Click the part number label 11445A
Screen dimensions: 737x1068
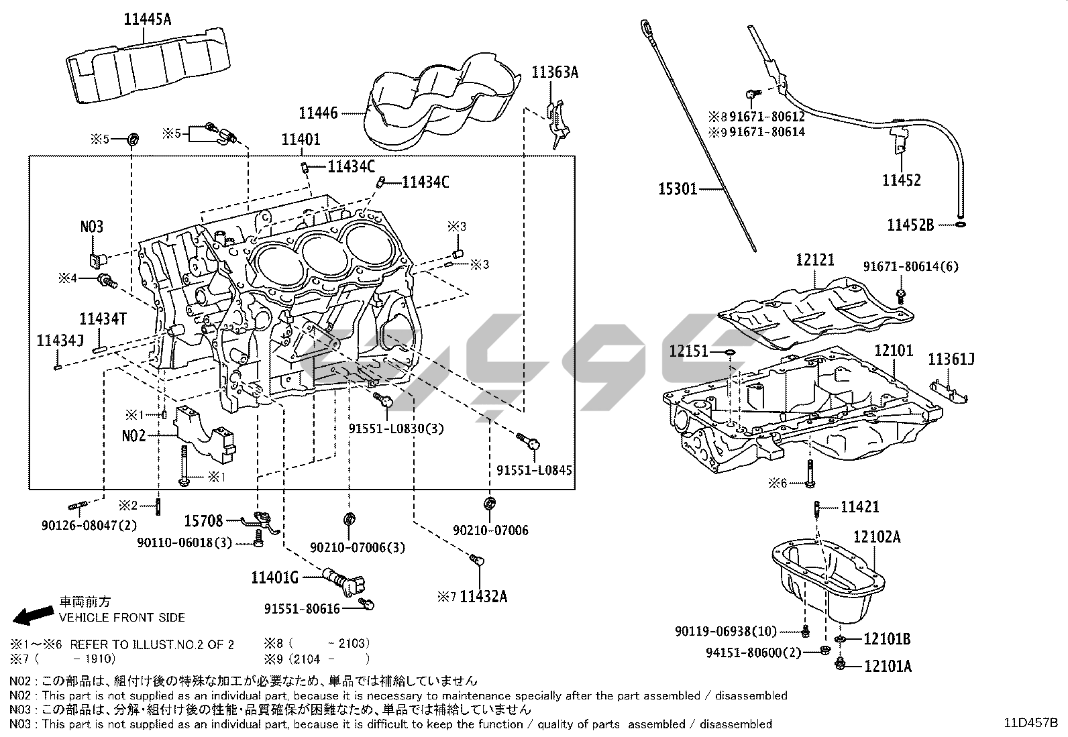pos(147,19)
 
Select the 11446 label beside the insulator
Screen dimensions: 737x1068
pos(318,114)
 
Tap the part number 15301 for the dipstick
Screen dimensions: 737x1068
pos(677,190)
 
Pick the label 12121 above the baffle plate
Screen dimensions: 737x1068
pos(815,260)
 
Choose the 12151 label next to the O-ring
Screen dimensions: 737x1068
pos(688,351)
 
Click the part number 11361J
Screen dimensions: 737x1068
pos(951,359)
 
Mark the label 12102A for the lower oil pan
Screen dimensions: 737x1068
pos(877,536)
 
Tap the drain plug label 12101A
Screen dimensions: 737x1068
pos(887,666)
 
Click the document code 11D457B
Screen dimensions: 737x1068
pos(1030,723)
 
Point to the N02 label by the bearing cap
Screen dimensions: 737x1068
pos(133,435)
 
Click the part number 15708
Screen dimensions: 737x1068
pos(204,520)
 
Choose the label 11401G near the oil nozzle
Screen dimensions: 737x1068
pos(275,577)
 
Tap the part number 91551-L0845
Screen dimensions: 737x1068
pos(534,471)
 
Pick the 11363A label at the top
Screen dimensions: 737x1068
pos(554,72)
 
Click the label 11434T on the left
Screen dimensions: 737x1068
pos(103,319)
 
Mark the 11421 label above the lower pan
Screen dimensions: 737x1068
pos(859,508)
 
